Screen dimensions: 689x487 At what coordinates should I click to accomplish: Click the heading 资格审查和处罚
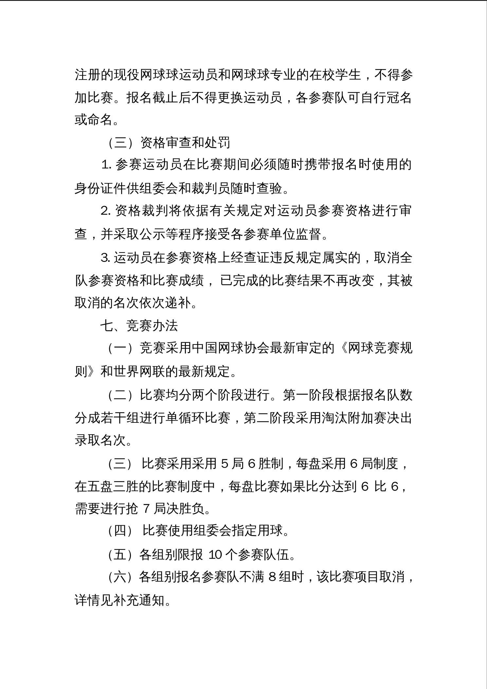(x=185, y=142)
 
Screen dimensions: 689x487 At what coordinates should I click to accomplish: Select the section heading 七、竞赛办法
(x=139, y=326)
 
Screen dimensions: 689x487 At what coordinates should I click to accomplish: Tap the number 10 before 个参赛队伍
(x=216, y=555)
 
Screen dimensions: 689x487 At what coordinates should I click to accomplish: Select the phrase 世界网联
(x=138, y=371)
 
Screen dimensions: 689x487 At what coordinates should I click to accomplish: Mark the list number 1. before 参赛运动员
(x=107, y=165)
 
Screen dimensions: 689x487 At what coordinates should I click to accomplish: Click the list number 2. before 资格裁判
(x=107, y=211)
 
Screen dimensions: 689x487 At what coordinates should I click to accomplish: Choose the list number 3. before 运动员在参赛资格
(x=106, y=258)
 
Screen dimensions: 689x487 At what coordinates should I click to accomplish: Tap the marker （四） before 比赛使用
(x=120, y=531)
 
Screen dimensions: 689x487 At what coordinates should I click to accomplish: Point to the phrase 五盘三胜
(x=113, y=486)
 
